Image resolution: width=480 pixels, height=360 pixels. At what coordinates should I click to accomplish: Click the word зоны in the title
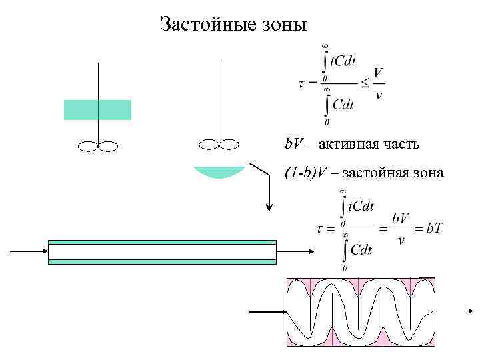(283, 25)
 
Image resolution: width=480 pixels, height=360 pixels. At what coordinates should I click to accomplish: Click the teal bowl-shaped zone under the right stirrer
(219, 171)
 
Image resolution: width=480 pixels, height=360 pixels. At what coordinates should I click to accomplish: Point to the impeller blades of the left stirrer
(98, 145)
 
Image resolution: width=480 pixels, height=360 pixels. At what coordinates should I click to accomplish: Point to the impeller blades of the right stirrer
(219, 143)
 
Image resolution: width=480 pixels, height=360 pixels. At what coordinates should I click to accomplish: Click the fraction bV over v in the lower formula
(400, 229)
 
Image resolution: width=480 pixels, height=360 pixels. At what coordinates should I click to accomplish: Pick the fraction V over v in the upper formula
(379, 83)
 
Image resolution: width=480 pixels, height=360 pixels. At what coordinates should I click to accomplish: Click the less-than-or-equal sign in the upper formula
(364, 84)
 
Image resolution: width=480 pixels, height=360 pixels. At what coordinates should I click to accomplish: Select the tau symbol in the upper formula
(301, 85)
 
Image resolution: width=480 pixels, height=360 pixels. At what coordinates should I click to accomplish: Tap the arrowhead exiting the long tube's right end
(311, 252)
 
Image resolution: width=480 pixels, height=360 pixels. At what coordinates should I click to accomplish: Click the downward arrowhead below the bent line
(269, 206)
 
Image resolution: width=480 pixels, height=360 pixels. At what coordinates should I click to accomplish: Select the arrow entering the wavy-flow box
(267, 311)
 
